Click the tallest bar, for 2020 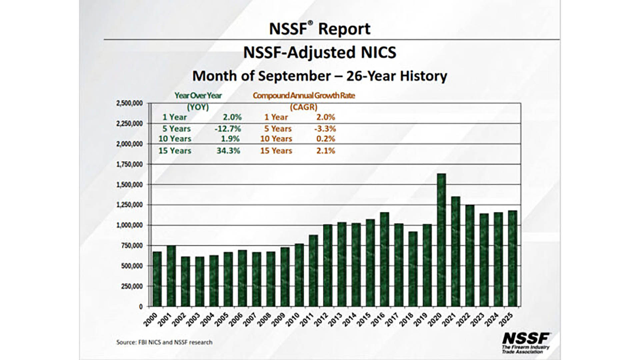(441, 240)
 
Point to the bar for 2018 (413, 269)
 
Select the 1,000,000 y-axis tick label (129, 225)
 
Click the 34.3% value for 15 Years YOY (228, 151)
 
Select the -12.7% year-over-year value (228, 129)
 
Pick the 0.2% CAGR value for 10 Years (326, 139)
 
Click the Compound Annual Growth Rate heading (304, 96)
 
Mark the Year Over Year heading (198, 96)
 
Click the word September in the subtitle (294, 76)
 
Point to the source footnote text (164, 342)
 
